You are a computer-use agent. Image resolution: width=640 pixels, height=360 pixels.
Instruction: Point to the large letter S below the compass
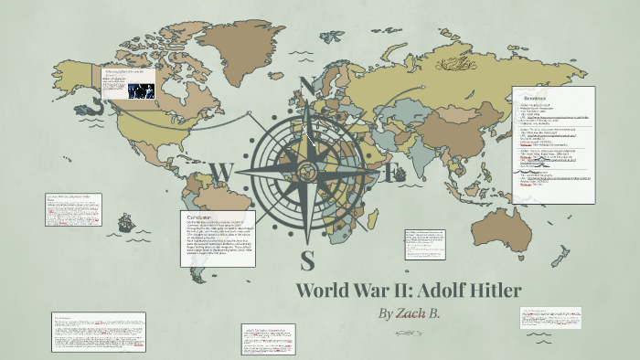click(x=308, y=259)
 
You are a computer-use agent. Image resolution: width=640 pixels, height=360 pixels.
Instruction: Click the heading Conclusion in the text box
click(x=200, y=217)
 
